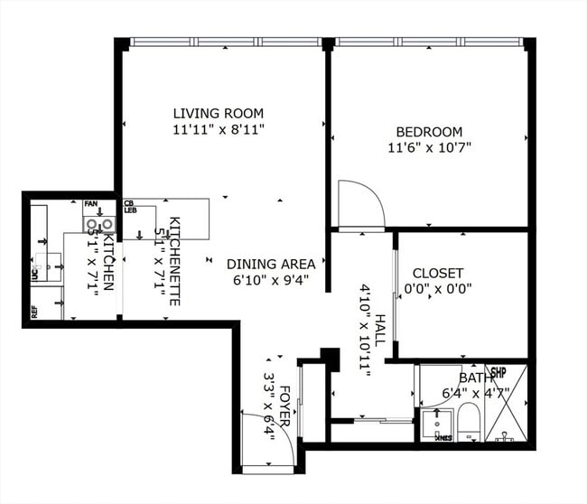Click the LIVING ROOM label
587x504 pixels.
coord(219,113)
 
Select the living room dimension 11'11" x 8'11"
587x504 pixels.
coord(219,129)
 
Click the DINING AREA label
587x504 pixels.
coord(271,264)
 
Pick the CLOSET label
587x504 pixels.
coord(437,273)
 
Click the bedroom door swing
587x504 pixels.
coord(359,204)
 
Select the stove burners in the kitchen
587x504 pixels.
coord(99,224)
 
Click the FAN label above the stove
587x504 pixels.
coord(90,205)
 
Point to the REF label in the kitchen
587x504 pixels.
coord(34,313)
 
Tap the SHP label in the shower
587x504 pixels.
coord(498,371)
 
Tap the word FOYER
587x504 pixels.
coord(284,406)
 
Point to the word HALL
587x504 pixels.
coord(380,333)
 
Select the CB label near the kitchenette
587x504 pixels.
coord(129,203)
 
